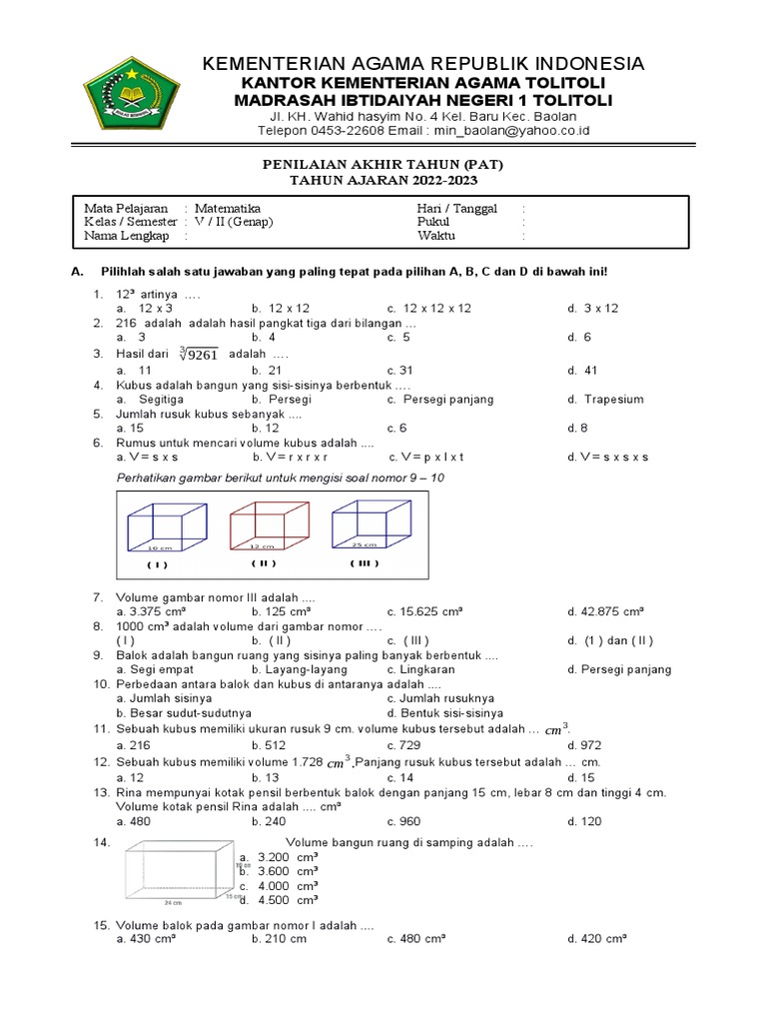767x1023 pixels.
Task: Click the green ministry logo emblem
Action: tap(130, 97)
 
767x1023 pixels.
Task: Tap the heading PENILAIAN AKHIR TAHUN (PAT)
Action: tap(383, 164)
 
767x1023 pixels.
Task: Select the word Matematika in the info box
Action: tap(227, 208)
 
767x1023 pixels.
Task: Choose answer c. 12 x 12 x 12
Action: tap(428, 308)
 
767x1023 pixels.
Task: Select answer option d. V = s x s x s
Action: tap(607, 457)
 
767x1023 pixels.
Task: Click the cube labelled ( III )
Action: tap(370, 524)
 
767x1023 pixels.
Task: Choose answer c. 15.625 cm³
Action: tap(424, 611)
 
